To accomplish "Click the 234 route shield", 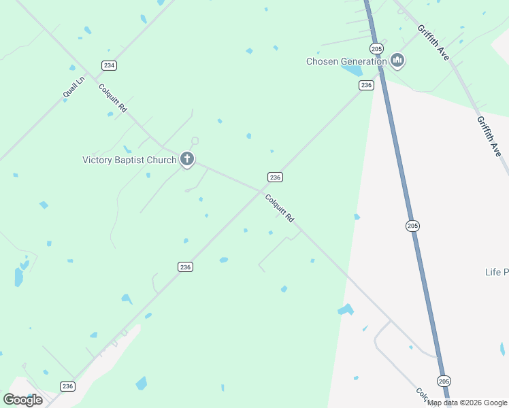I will tap(109, 65).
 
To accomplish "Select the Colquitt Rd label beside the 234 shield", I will tap(113, 98).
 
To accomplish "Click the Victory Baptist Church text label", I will tap(129, 160).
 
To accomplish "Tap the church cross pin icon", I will tap(187, 160).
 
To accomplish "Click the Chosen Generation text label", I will tap(346, 61).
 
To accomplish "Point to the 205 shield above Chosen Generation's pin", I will tap(376, 48).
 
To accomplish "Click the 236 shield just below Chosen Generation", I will tap(366, 85).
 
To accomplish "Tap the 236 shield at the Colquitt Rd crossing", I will tap(274, 177).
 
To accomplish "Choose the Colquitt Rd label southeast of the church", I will tap(279, 208).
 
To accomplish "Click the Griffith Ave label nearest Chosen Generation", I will tap(433, 43).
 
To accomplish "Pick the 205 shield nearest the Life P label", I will tap(412, 226).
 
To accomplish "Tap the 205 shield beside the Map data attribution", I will tap(444, 381).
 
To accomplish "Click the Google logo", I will tap(22, 400).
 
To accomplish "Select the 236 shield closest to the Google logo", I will tap(67, 386).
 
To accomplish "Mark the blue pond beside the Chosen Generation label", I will tap(352, 71).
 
